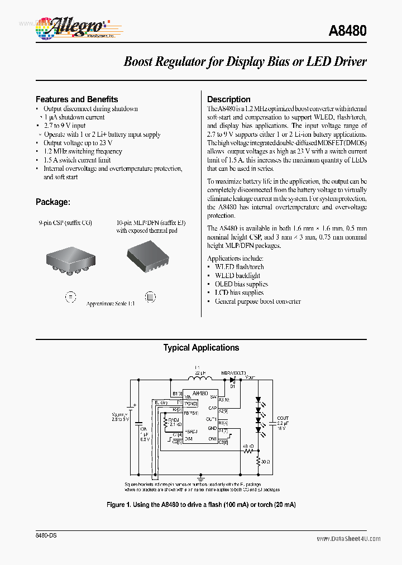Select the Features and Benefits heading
pos(76,99)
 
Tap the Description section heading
pos(228,99)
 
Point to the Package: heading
pos(52,202)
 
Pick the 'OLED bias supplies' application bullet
pos(241,284)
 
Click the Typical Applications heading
pos(201,348)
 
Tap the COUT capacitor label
pos(283,418)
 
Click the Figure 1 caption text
pos(201,504)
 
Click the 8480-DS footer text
pos(46,535)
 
